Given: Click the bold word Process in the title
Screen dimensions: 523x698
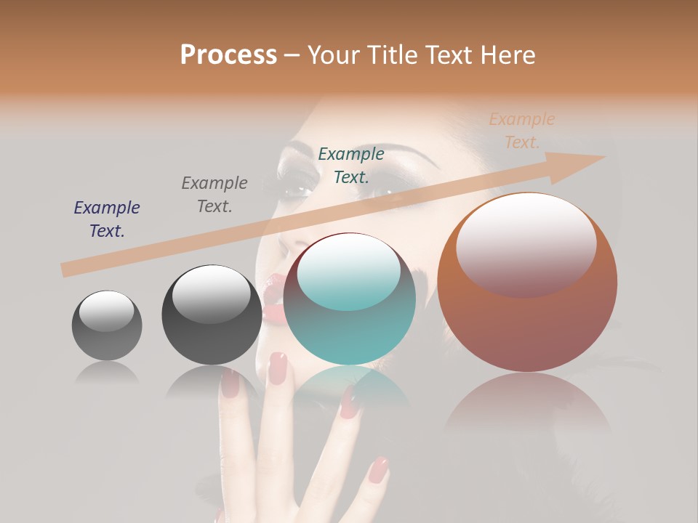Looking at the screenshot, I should [228, 55].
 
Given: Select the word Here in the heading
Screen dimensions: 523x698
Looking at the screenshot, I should [507, 55].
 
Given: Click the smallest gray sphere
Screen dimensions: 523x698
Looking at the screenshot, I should [107, 325].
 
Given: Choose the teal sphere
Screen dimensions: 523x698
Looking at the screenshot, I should [350, 299].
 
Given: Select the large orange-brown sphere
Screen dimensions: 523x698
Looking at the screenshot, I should [527, 283].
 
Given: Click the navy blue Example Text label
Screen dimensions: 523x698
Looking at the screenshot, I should [107, 219].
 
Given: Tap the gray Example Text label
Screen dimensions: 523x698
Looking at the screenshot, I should [214, 195].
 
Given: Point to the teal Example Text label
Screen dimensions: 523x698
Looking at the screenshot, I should [351, 165].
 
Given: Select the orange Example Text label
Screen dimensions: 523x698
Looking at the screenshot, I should [522, 131].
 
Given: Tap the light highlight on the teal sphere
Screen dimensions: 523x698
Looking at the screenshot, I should [348, 271].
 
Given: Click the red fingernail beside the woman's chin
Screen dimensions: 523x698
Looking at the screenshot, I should [278, 368].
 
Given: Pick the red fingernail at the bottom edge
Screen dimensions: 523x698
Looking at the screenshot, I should [378, 470].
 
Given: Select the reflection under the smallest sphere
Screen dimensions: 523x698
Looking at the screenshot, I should [107, 373].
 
